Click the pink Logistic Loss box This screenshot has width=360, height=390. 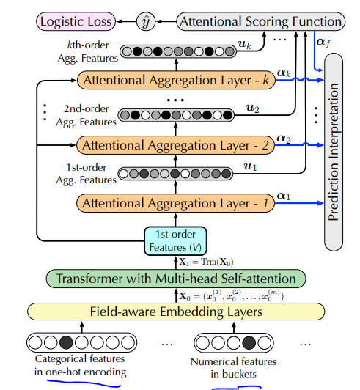(76, 21)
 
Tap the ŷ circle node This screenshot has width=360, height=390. (146, 22)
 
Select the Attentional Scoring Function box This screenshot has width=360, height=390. (261, 21)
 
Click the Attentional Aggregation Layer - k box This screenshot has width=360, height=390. (176, 80)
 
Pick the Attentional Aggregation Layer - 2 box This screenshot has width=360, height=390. (176, 145)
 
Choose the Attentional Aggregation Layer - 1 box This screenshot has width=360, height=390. (176, 203)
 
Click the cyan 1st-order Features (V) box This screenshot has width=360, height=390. (175, 241)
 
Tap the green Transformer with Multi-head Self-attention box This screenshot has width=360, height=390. (176, 279)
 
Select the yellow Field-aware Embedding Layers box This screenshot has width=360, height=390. (176, 312)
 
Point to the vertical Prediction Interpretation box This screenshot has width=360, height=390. (334, 152)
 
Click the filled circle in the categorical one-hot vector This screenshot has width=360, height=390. (66, 342)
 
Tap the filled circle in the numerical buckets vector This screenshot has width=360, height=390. (249, 343)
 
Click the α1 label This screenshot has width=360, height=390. (284, 196)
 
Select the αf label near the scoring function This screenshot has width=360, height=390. (323, 42)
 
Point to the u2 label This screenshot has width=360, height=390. (252, 108)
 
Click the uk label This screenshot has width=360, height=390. (245, 44)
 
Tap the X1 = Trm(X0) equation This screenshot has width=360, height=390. (206, 262)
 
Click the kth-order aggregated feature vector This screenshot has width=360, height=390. (178, 51)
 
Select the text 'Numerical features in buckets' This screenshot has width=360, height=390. (233, 367)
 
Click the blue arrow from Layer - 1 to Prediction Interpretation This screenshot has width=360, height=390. (300, 203)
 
